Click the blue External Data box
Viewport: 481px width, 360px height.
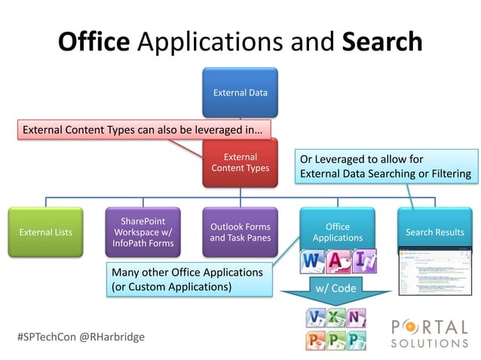coord(240,93)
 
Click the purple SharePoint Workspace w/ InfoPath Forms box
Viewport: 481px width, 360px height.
coord(143,232)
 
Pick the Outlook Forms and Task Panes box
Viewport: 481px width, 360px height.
coord(240,232)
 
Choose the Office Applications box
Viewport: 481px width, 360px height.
coord(337,232)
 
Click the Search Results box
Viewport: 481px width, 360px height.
coord(434,232)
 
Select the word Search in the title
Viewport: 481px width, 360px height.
coord(381,41)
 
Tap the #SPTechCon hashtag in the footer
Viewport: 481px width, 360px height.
coord(49,337)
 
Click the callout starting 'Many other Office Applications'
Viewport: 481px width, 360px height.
coord(186,279)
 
